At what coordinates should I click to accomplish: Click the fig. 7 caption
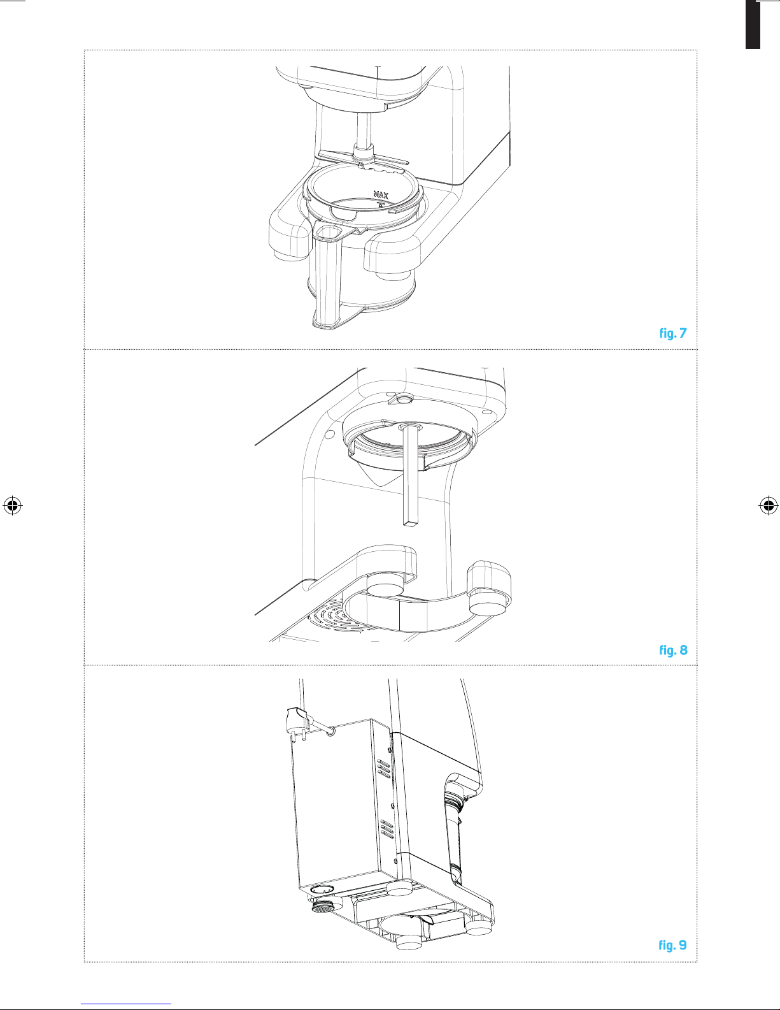[673, 333]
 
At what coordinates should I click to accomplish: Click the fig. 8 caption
[673, 650]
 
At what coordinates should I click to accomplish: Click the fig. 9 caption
[672, 945]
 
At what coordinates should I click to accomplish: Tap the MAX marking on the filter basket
[381, 194]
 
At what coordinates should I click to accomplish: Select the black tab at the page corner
[753, 24]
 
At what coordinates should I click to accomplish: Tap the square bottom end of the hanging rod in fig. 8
[411, 523]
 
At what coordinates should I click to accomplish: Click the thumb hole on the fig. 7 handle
[330, 233]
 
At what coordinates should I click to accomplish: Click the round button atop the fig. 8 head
[404, 399]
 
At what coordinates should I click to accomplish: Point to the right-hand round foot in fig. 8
[486, 604]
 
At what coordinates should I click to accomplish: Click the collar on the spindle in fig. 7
[364, 151]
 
